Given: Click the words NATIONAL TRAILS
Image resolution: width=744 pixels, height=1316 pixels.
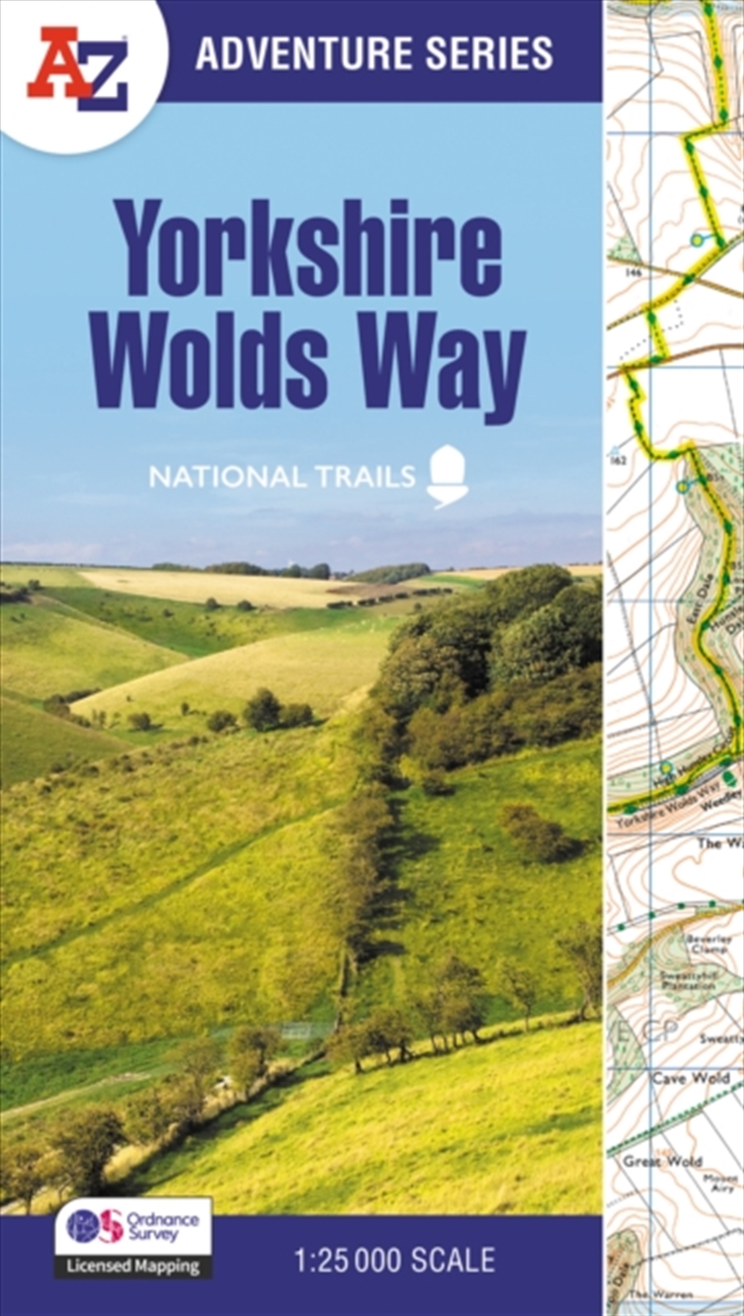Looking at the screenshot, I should point(282,478).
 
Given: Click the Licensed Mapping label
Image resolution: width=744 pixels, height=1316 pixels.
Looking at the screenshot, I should point(133,1266).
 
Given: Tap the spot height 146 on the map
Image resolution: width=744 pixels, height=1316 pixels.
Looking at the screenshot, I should point(635,272).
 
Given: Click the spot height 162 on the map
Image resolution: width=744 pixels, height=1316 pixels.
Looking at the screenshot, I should point(618,459).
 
